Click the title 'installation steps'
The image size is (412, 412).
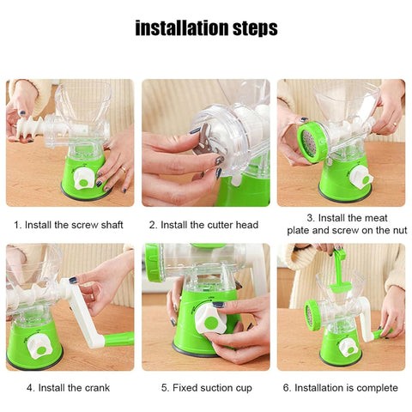pos(206,28)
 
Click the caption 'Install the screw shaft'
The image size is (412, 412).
pos(69,225)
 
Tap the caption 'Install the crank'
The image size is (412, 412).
pos(69,387)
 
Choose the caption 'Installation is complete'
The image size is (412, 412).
pos(341,387)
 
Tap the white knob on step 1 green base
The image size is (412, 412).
pos(84,178)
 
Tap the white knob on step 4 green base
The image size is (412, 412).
pos(36,345)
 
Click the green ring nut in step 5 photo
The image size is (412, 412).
pos(154,262)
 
